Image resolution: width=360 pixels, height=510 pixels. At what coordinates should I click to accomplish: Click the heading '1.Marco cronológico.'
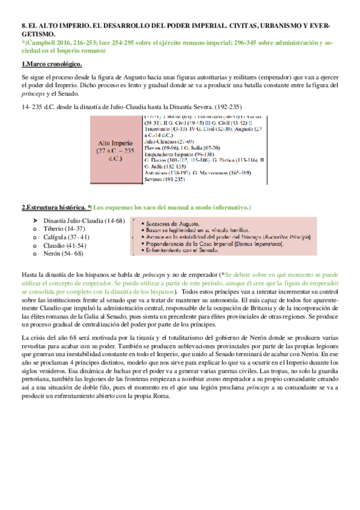point(52,64)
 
